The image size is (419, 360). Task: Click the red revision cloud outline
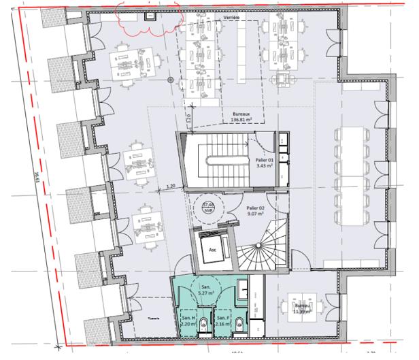pos(148,19)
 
